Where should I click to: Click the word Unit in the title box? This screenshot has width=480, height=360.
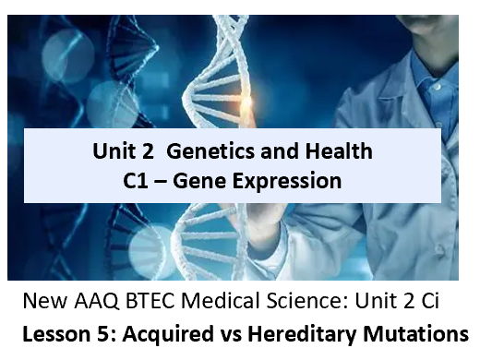click(x=113, y=151)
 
